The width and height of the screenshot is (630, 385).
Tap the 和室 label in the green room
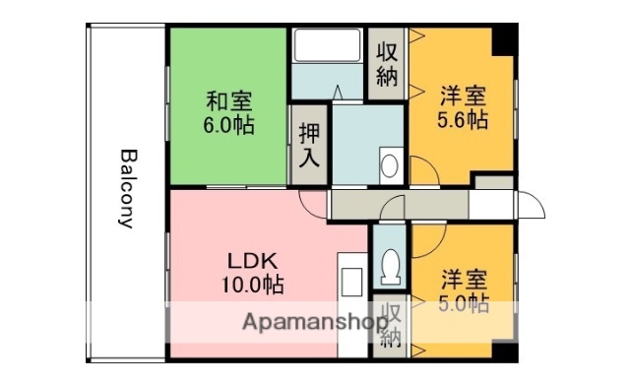pos(228,100)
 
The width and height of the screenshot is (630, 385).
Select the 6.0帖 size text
pos(228,125)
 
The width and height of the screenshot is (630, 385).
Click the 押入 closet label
pos(308,146)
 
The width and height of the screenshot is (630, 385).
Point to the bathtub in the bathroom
pos(328,46)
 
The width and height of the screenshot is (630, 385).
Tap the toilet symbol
pos(390,263)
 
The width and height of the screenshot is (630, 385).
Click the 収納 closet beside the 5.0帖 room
pos(391,325)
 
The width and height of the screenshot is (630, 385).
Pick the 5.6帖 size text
pos(462,121)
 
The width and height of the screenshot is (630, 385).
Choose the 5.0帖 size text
pos(464,303)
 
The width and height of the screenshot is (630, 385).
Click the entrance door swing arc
pos(533,206)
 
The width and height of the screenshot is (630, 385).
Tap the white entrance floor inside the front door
pos(490,204)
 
